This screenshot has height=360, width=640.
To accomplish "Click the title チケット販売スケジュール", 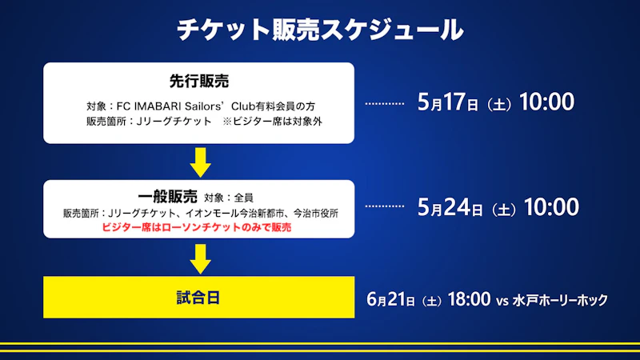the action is click(x=320, y=30).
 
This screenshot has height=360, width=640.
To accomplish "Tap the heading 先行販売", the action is click(x=199, y=82).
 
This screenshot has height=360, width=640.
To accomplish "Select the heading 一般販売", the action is click(x=168, y=197).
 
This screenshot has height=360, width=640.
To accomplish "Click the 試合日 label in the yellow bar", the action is click(x=198, y=298).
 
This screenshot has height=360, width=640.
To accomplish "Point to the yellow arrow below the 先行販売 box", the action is click(x=201, y=162).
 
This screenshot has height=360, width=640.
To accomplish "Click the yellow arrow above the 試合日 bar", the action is click(x=201, y=258).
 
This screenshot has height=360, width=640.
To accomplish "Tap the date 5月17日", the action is click(x=448, y=102).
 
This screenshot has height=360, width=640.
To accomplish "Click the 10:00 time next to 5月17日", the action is click(x=546, y=102).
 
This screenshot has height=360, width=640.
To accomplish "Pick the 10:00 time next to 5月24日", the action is click(x=551, y=207).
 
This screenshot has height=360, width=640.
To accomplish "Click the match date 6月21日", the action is click(x=390, y=299).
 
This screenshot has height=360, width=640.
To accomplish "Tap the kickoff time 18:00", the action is click(x=469, y=299).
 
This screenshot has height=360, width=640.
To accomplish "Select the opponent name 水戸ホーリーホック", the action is click(x=560, y=301).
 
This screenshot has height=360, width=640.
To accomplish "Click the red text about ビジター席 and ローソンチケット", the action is click(x=196, y=227).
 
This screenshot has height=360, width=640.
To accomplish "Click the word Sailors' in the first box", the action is click(x=206, y=106).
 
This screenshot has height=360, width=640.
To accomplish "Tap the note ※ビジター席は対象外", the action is click(x=272, y=122).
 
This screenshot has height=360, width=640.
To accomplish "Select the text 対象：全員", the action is click(x=229, y=198).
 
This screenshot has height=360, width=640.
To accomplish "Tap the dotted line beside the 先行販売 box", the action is click(x=385, y=104).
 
